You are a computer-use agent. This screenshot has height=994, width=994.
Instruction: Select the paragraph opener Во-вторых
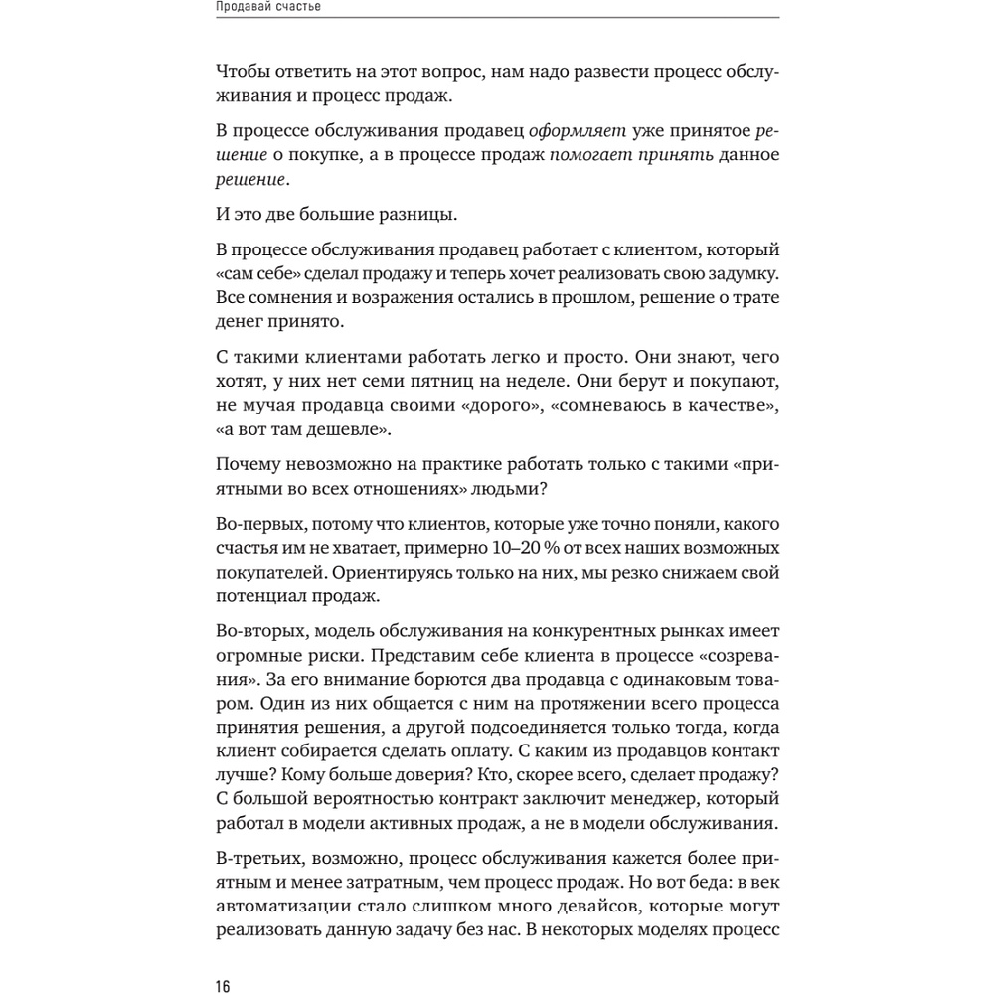coord(254,631)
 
